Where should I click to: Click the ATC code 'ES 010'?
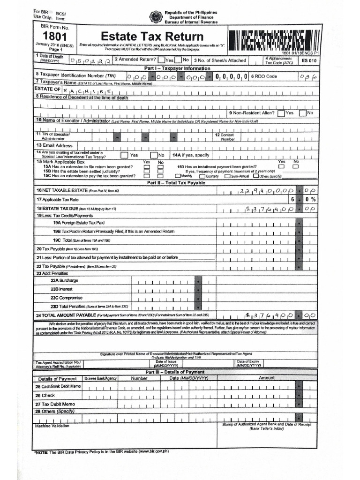[x=309, y=60]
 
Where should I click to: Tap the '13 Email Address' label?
[x=55, y=145]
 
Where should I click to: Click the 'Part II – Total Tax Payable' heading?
[x=176, y=182]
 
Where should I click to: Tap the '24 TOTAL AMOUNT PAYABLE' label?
[x=66, y=315]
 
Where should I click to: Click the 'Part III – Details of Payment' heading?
[x=174, y=372]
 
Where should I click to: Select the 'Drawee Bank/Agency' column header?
[x=100, y=378]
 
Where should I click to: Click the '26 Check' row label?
[x=45, y=396]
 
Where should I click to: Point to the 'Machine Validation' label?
[x=52, y=426]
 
